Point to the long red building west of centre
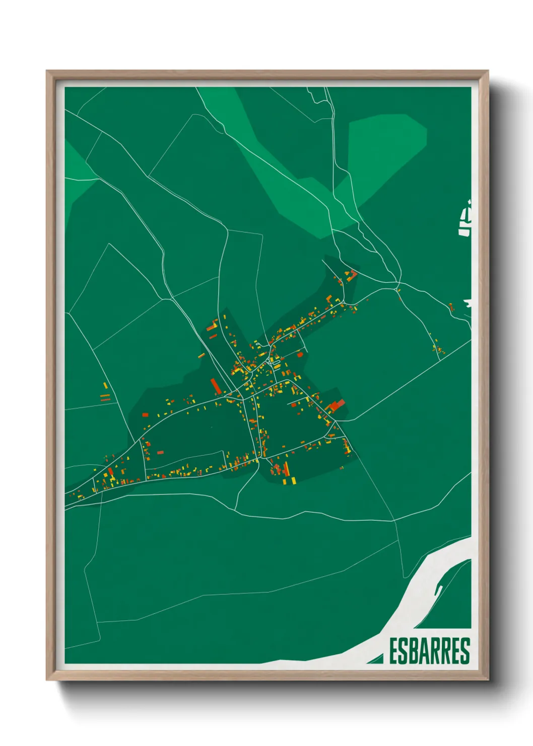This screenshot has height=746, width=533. point(216,387)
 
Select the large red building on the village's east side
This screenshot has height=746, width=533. point(337,405)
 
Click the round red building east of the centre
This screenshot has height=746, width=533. point(300,354)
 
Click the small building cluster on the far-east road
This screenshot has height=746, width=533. point(437,346)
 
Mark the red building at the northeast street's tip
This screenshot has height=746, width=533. point(353,274)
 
